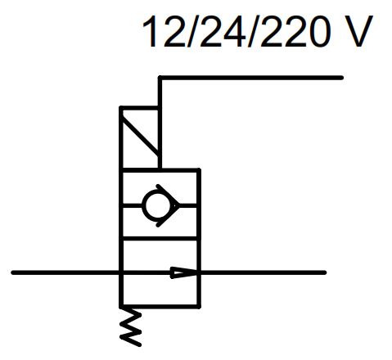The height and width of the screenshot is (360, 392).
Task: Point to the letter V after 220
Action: point(357,31)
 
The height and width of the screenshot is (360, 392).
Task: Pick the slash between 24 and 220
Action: point(251,31)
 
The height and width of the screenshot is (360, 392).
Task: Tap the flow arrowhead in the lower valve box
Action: point(184,272)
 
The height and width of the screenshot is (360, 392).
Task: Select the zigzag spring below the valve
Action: point(131,326)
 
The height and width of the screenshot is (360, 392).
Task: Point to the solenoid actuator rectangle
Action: point(140,138)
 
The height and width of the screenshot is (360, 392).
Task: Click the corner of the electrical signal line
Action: point(160,78)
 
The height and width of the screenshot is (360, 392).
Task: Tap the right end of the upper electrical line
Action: point(341,78)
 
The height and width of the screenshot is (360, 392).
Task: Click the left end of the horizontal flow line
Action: point(12,272)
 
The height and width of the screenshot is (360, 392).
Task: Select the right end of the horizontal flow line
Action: point(324,272)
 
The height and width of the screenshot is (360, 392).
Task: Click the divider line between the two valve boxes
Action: point(160,239)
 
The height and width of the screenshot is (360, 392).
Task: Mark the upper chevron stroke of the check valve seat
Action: point(168,195)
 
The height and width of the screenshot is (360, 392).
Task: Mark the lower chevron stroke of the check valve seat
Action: point(168,216)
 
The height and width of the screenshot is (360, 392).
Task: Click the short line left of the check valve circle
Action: point(132,205)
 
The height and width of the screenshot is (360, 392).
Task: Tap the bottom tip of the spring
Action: point(140,345)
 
